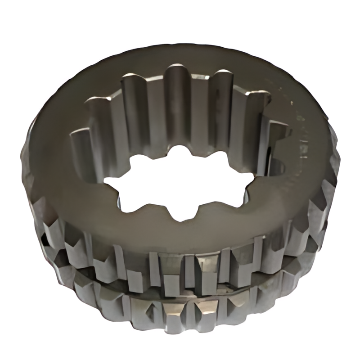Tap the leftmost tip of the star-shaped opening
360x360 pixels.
tap(104, 183)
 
